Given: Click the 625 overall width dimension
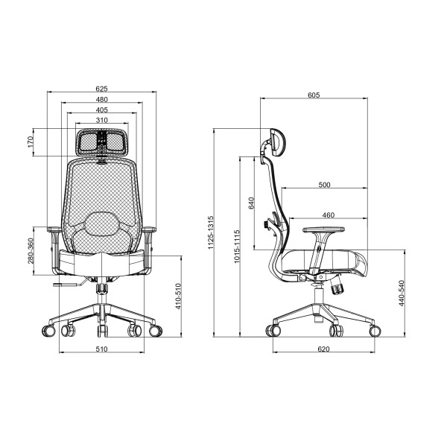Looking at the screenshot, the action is point(102,89).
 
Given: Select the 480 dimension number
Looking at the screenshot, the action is point(102,99).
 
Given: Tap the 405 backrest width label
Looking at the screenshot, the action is point(102,110).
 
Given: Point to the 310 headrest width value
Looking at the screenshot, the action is point(102,120).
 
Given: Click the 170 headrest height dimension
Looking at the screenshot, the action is point(31,142).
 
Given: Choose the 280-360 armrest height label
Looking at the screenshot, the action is point(31,251).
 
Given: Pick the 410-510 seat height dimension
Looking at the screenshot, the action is point(178,296).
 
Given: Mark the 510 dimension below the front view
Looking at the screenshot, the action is point(102,349).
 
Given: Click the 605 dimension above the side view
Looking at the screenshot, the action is point(314,95).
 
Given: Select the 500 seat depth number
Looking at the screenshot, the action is point(324,185).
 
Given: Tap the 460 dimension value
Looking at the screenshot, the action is point(329,215).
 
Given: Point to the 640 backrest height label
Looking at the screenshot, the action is point(251,203).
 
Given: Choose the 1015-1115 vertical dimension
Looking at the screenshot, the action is point(237,247).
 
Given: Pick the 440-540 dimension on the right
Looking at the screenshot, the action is point(402,293).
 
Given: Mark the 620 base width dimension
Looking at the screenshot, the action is point(323,349).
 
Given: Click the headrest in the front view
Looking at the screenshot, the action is point(102,142).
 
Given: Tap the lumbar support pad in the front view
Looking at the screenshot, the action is point(102,223).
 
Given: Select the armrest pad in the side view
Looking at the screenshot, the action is point(323,229).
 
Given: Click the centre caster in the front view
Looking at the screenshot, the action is point(103,331).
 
